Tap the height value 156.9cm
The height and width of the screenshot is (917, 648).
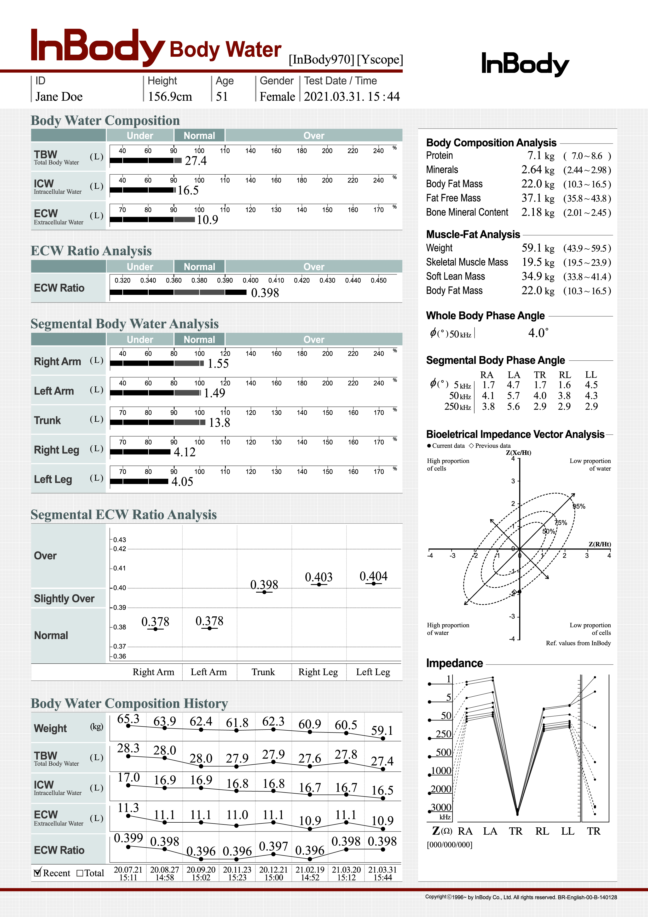(x=170, y=97)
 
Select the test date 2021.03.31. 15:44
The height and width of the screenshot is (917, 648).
(x=351, y=97)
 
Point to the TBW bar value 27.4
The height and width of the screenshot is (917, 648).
(x=196, y=161)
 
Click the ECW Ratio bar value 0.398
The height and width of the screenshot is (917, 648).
(x=265, y=293)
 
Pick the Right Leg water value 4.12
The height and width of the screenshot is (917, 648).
(x=184, y=452)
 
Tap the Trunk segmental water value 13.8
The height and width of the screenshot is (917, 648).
(x=219, y=422)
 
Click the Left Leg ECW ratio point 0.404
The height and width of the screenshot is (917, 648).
(x=373, y=583)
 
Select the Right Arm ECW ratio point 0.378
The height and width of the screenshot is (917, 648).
(x=155, y=629)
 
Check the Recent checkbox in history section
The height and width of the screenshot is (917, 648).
(x=38, y=873)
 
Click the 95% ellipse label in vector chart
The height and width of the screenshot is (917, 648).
(x=579, y=506)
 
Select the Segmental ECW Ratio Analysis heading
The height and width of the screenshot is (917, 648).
(x=124, y=515)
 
